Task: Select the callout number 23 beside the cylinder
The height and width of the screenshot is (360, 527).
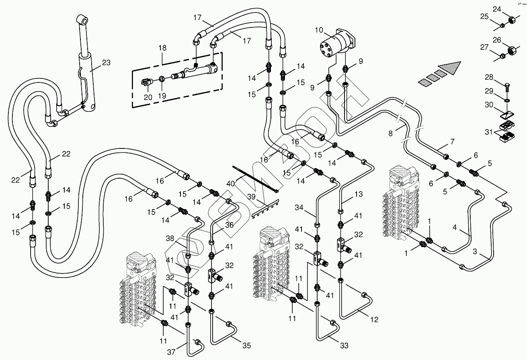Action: point(106,63)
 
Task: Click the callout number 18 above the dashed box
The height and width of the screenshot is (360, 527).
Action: point(162,48)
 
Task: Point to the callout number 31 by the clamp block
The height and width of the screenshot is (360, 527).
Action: point(489,132)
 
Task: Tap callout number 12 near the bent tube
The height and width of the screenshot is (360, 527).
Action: point(374,320)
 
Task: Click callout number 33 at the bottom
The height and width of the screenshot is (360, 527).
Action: point(344,345)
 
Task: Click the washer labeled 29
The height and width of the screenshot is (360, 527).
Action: point(508,100)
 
